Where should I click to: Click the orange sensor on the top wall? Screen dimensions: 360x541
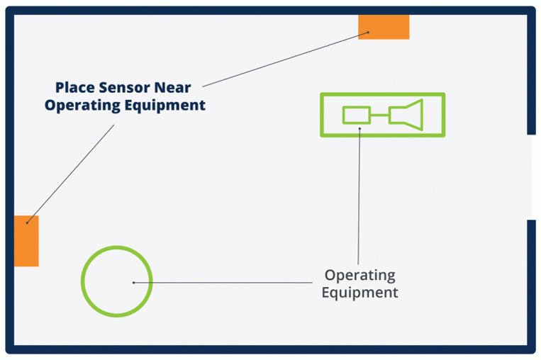point(384,26)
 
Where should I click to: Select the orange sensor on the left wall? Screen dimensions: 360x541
point(26,241)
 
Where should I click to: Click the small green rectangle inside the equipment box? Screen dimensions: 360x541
point(357,115)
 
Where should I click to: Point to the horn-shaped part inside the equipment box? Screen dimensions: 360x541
point(408,115)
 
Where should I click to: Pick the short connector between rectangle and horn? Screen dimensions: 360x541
point(380,115)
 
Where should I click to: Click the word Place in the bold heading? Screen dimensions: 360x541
point(75,88)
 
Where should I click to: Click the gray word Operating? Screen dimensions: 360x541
point(359,275)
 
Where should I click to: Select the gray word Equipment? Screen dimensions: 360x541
point(359,292)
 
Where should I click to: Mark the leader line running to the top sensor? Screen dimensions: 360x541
point(284,59)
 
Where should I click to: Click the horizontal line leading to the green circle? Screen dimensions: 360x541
point(227,283)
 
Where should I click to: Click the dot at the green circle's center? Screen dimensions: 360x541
point(133,283)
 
